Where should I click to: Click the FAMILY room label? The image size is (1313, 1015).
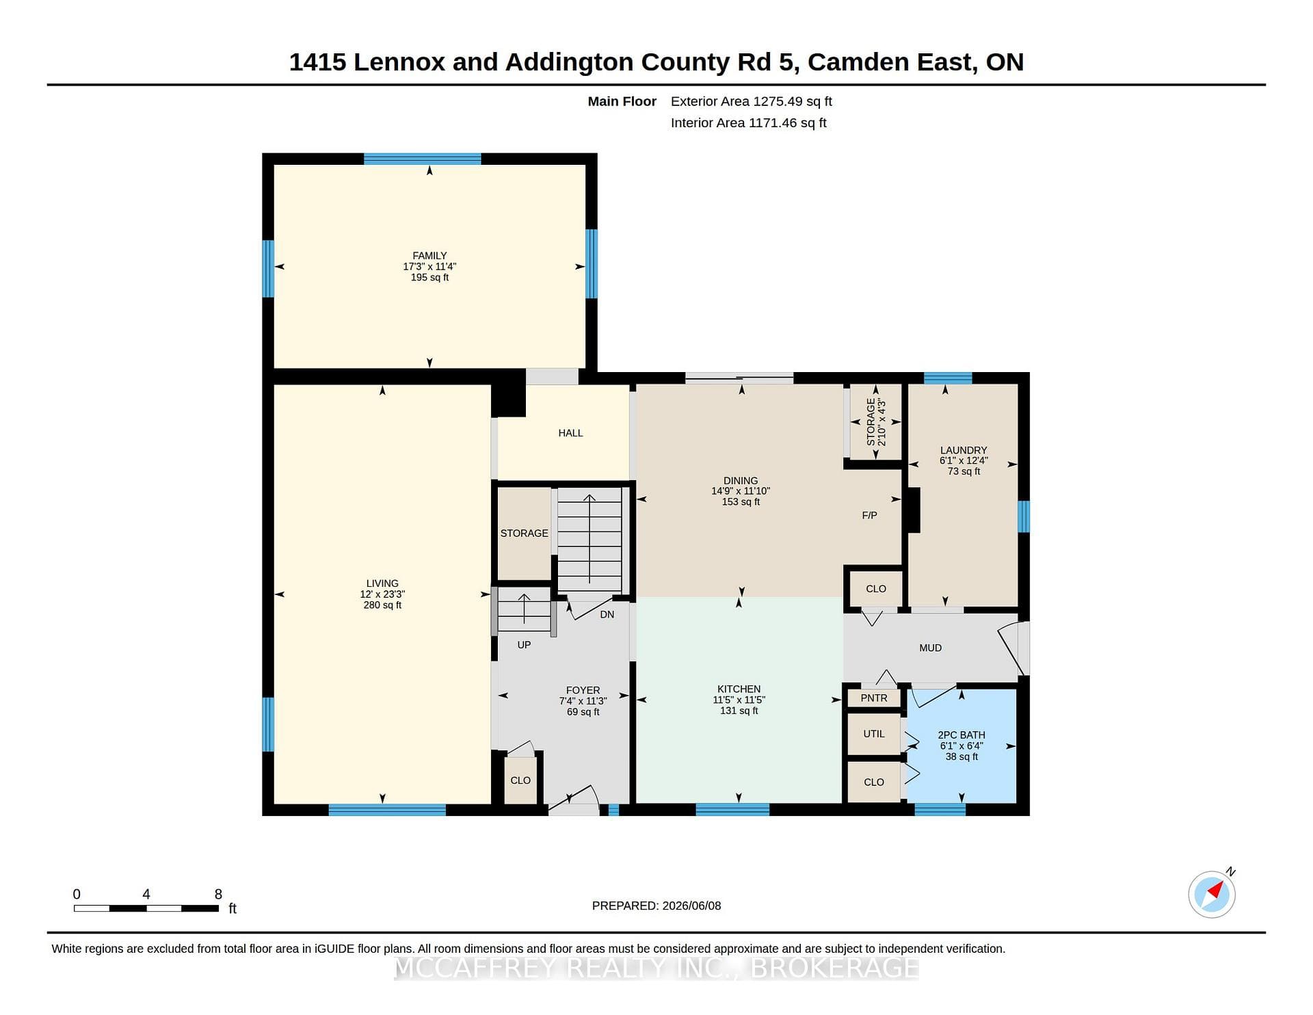coord(429,256)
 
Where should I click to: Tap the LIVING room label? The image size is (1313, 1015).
coord(382,583)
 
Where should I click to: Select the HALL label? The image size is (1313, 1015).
coord(570,433)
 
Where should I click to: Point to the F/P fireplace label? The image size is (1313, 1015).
coord(869,515)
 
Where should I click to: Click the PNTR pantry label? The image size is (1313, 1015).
coord(874,698)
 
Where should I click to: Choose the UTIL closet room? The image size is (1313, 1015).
coord(874,734)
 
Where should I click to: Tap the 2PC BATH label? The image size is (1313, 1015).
coord(961,735)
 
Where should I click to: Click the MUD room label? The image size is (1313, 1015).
coord(931,648)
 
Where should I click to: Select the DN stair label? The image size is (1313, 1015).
coord(607,614)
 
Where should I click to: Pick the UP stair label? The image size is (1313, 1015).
coord(524,644)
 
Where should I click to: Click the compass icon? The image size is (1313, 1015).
coord(1212,894)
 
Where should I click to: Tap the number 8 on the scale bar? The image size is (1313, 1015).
coord(218,894)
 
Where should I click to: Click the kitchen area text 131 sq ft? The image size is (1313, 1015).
coord(739,711)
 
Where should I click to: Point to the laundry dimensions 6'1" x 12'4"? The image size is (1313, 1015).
coord(964,461)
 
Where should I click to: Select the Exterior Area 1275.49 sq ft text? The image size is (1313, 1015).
coord(752,101)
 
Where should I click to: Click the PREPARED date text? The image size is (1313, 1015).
coord(656,906)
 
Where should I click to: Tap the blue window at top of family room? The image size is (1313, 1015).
coord(422,159)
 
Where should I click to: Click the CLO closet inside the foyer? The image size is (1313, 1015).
coord(520,780)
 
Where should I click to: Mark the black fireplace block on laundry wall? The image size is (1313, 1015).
coord(912,510)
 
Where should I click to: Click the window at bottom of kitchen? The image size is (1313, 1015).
coord(732,810)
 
